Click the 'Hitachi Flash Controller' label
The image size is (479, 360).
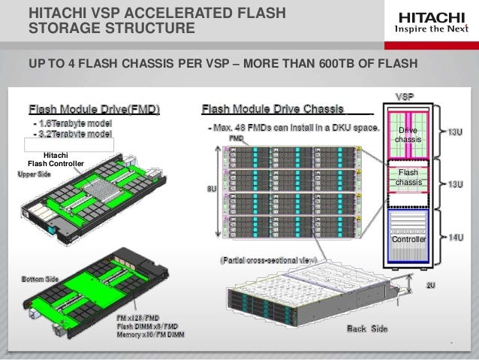[x=56, y=159]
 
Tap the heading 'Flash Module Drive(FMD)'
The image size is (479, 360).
[x=95, y=109]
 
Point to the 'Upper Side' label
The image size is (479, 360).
[x=35, y=174]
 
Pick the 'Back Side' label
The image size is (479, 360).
[x=367, y=329]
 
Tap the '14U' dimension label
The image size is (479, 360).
[x=455, y=237]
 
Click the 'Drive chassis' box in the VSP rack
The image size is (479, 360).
[x=408, y=136]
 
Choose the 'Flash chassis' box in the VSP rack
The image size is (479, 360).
[x=408, y=178]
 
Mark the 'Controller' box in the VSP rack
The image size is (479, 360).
[x=409, y=239]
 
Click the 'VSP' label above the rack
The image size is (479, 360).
[x=406, y=96]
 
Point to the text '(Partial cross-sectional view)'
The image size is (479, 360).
[x=268, y=259]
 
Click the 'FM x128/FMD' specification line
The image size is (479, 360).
[x=138, y=319]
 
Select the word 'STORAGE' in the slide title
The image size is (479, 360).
[x=64, y=29]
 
